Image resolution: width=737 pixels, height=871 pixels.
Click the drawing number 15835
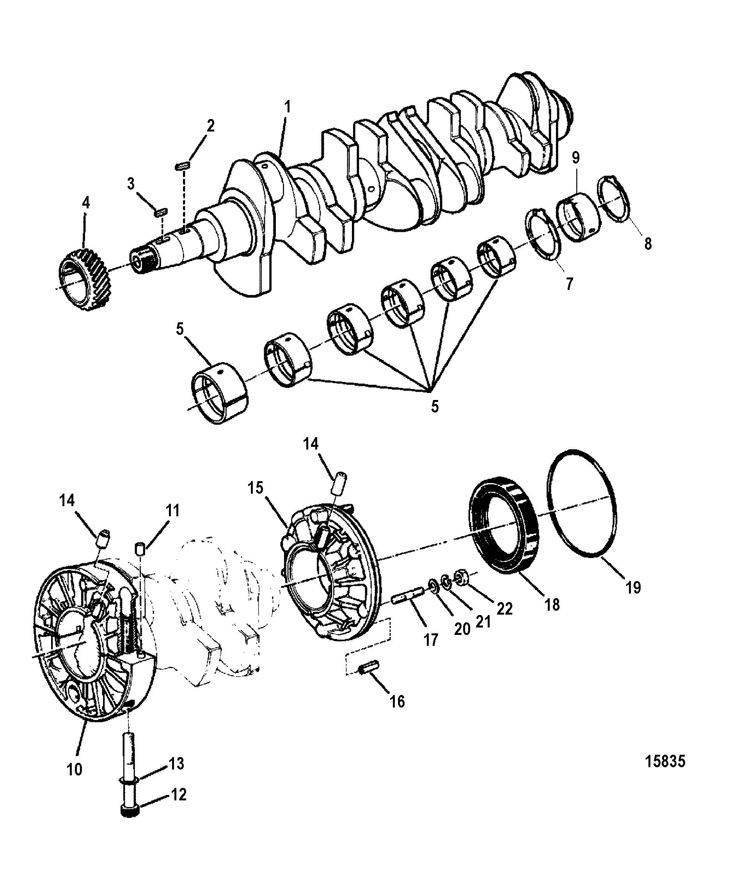[x=665, y=761]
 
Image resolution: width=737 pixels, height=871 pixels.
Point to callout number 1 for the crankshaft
[x=287, y=107]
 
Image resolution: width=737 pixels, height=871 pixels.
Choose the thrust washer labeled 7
[x=544, y=235]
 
